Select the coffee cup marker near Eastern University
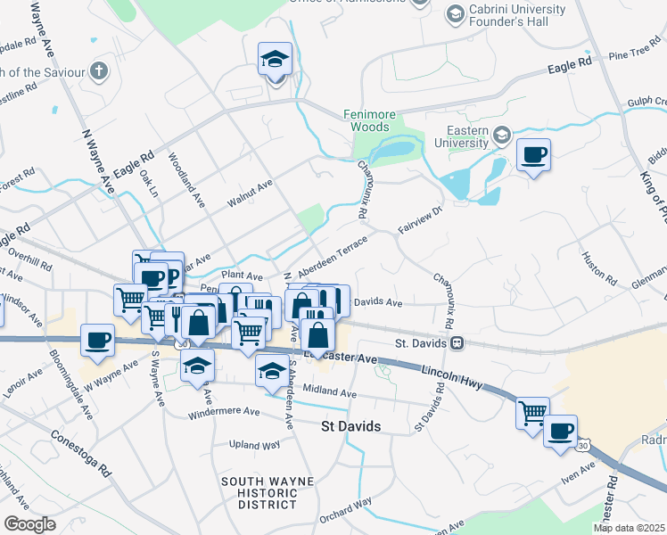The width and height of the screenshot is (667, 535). (x=533, y=156)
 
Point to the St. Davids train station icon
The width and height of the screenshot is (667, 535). (x=456, y=342)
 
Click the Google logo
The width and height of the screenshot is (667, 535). (x=29, y=523)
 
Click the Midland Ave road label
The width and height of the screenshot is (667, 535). (x=330, y=393)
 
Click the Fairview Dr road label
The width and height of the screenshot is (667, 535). (x=421, y=219)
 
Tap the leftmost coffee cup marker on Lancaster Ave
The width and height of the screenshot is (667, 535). (x=97, y=340)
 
